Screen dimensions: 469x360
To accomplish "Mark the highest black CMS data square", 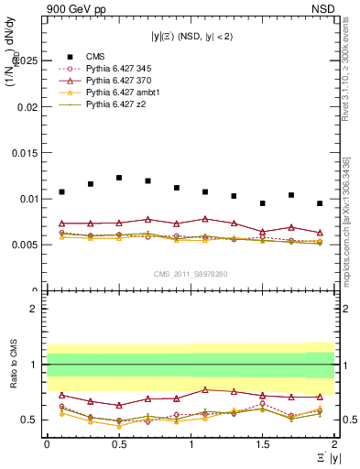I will [x=119, y=178].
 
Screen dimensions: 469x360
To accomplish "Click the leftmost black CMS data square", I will [x=61, y=191].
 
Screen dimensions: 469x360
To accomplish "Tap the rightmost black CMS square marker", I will [x=320, y=203].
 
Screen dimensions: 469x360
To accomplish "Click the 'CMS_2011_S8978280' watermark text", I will [x=191, y=273].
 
